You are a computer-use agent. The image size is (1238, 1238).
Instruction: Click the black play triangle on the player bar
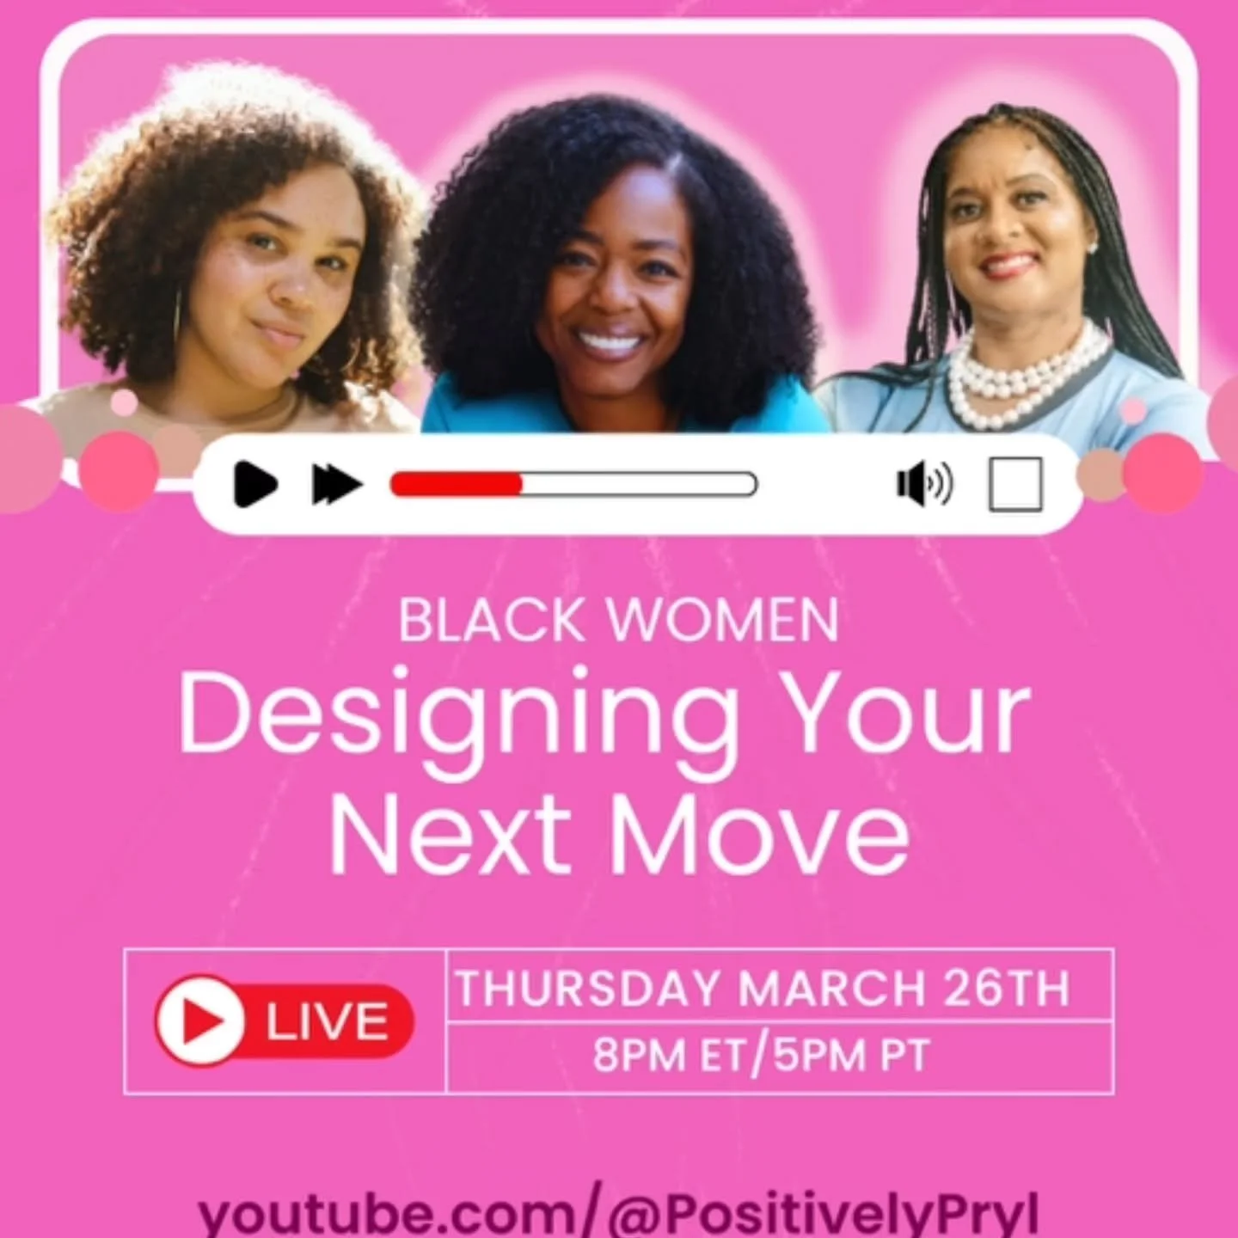point(254,484)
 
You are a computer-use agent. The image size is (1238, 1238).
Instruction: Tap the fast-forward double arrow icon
point(336,485)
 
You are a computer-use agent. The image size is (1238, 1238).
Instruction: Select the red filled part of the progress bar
point(457,485)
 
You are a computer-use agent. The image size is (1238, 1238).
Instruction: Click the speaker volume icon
point(923,484)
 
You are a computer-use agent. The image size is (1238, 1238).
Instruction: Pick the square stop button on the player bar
point(1015,484)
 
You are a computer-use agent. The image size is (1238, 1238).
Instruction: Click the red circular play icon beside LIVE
point(200,1020)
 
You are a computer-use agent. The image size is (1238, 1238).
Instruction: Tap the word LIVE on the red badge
point(327,1021)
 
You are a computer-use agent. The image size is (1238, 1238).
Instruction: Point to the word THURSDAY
point(588,988)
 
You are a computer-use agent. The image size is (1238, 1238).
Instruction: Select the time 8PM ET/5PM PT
point(761,1055)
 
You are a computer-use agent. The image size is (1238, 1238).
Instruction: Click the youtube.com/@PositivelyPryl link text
point(619,1214)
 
